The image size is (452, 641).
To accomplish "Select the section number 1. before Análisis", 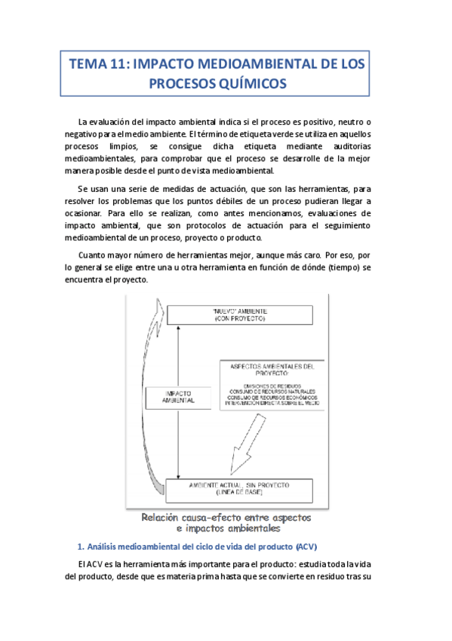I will (x=81, y=547).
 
